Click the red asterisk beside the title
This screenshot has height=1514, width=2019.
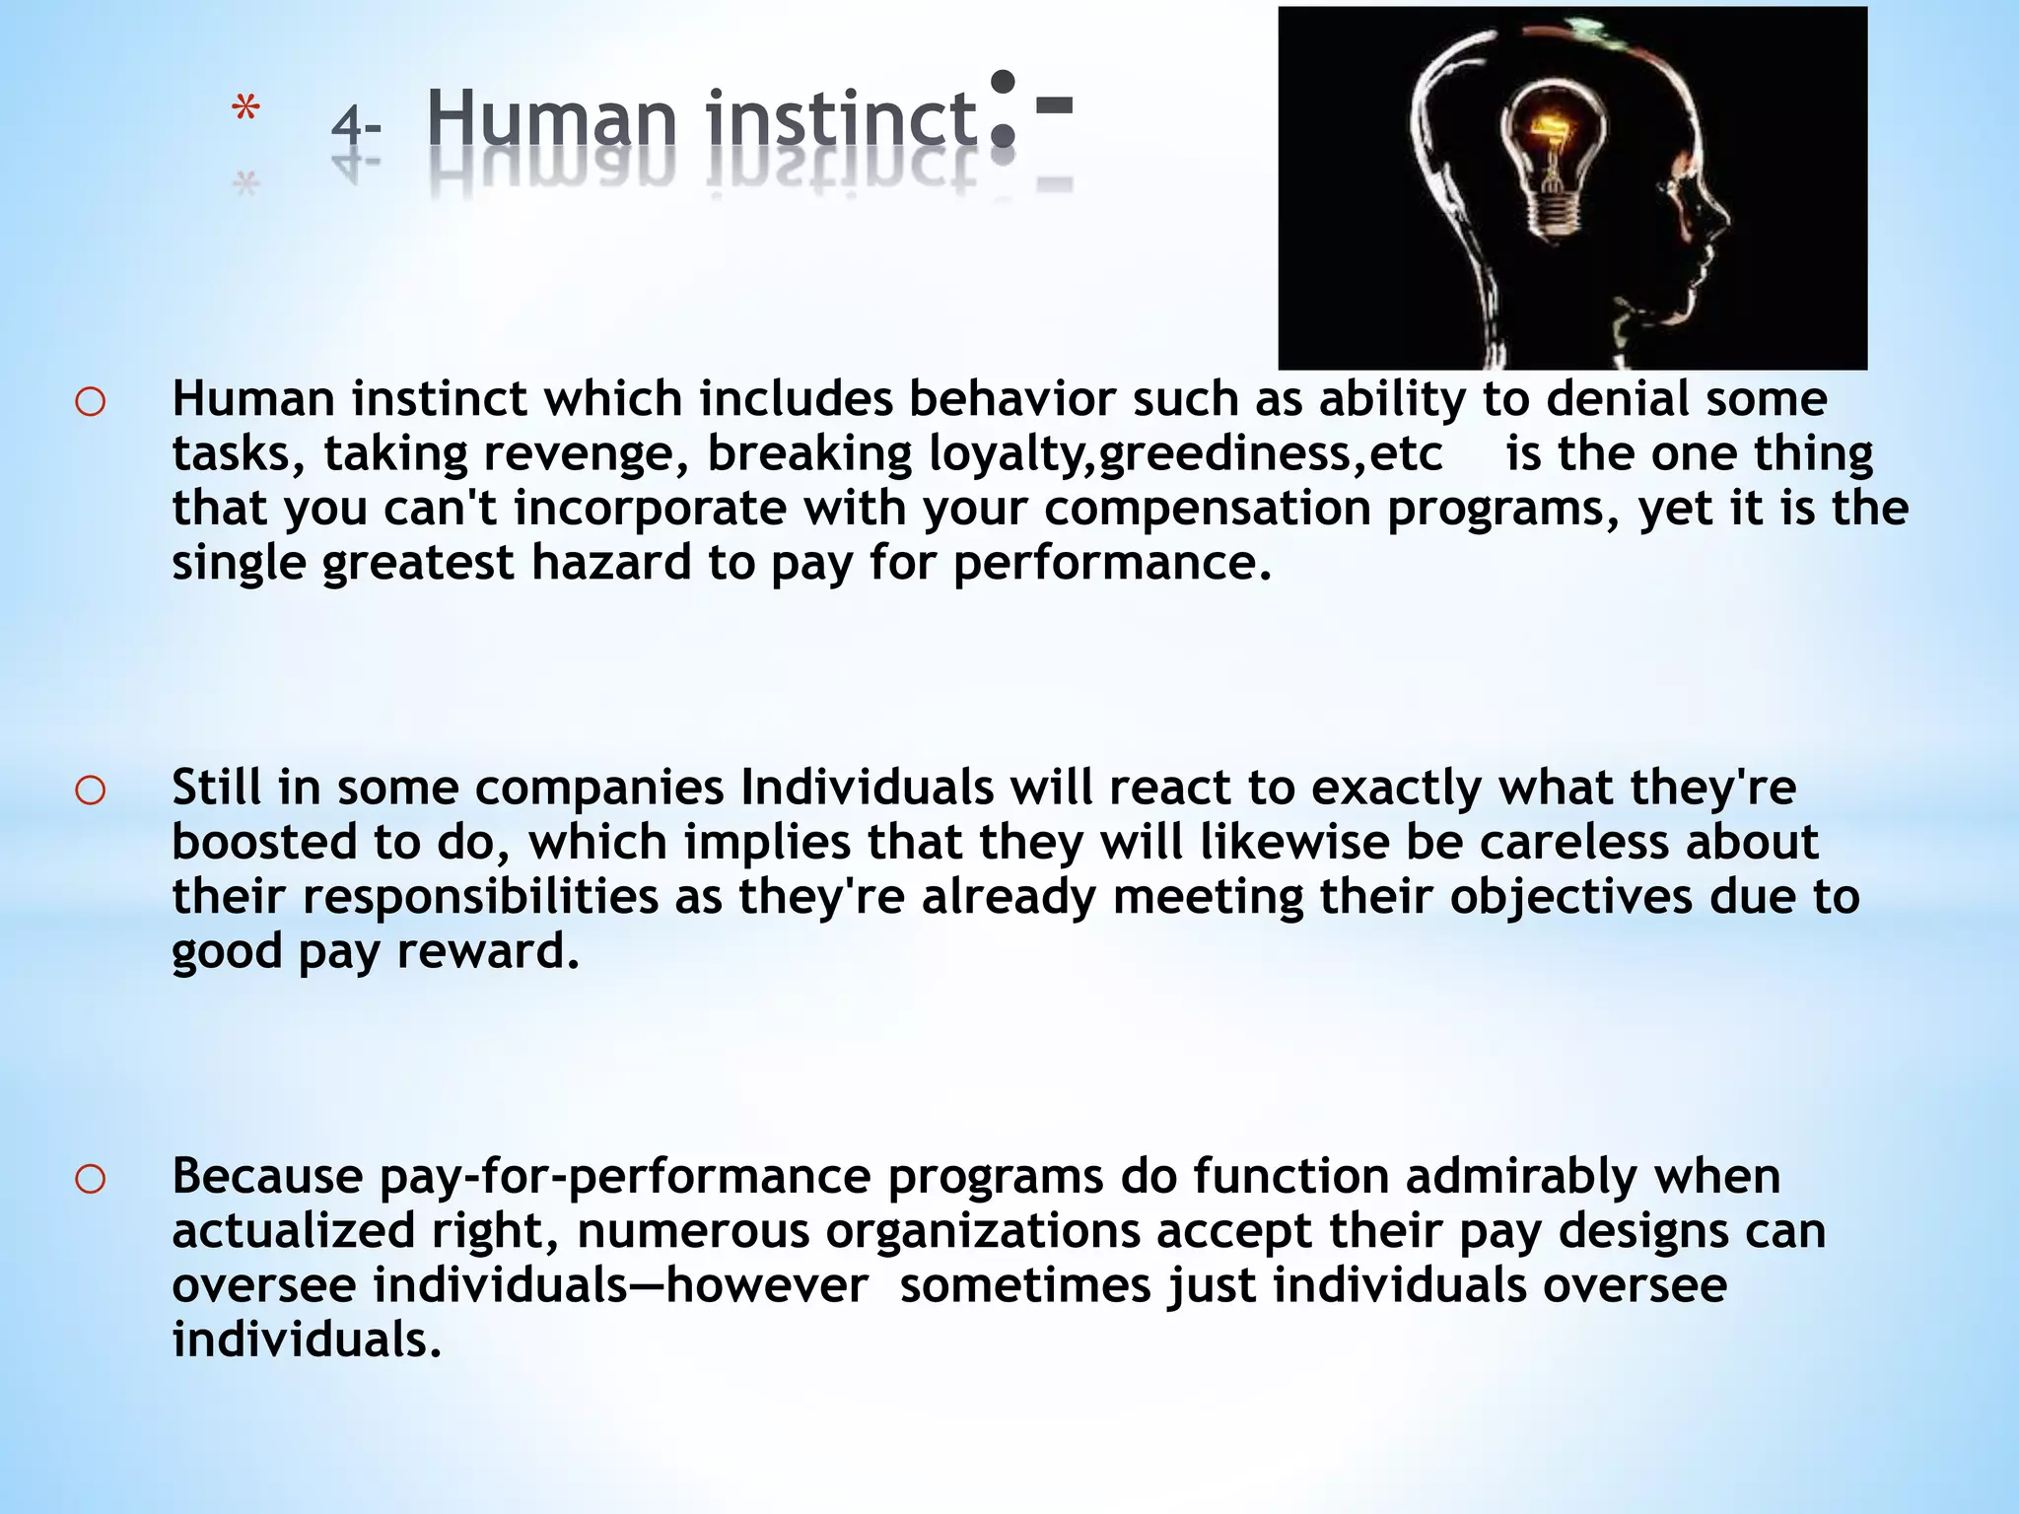pyautogui.click(x=245, y=110)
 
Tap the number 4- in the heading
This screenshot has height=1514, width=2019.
pyautogui.click(x=356, y=126)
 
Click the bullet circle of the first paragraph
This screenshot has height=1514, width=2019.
pyautogui.click(x=90, y=402)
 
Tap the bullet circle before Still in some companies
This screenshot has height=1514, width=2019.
pyautogui.click(x=90, y=791)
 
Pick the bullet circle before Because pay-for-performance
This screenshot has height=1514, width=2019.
pyautogui.click(x=90, y=1179)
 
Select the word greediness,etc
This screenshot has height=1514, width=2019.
pyautogui.click(x=1270, y=453)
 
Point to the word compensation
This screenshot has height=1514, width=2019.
pyautogui.click(x=1207, y=509)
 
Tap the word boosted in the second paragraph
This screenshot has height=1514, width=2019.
pyautogui.click(x=264, y=843)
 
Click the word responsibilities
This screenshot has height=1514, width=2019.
pyautogui.click(x=480, y=897)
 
